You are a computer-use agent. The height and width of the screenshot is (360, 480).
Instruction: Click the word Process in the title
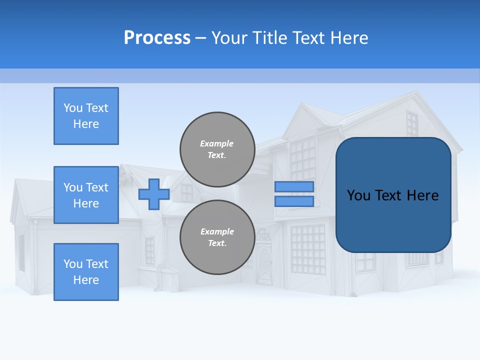coord(157,38)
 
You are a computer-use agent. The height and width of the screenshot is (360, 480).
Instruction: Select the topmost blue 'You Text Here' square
coord(86,116)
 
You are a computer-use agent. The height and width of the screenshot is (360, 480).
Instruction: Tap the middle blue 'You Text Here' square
coord(86,195)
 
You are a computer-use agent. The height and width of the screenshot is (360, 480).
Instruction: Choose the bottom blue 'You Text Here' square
coord(86,272)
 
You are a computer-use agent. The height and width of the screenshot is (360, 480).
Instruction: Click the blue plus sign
coord(153,194)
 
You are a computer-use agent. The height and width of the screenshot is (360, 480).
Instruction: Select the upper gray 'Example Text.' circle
coord(217,149)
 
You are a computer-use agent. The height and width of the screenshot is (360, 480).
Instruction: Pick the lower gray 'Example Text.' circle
coord(217,237)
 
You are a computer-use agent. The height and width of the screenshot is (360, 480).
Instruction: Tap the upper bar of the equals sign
coord(294,187)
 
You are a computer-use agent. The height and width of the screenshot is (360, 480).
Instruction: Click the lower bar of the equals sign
coord(294,201)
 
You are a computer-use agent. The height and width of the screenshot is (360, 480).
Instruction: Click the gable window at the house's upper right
coord(411,123)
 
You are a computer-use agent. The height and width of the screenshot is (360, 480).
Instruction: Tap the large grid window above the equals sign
coord(302,157)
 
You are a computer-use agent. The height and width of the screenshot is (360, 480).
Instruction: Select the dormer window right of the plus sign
coord(186,192)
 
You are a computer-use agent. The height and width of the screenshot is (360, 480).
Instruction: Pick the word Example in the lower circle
coord(217,231)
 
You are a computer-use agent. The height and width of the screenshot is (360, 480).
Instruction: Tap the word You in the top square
coord(73,108)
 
